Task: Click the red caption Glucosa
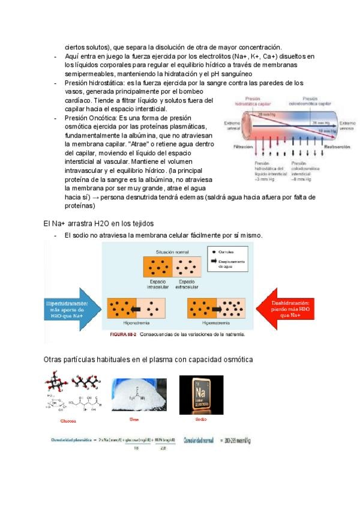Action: click(x=68, y=421)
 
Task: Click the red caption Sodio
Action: click(x=201, y=419)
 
